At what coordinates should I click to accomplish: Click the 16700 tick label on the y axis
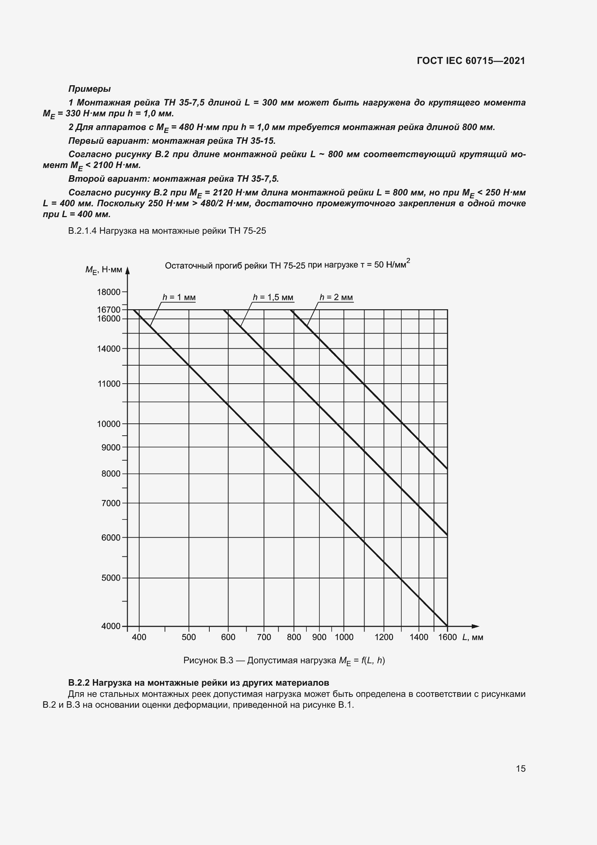[108, 310]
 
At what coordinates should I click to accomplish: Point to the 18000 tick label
[108, 292]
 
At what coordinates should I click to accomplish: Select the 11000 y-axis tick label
[108, 384]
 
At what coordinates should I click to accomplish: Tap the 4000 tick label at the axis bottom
[111, 626]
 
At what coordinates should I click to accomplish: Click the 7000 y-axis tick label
[111, 503]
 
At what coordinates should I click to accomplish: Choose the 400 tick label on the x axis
[139, 637]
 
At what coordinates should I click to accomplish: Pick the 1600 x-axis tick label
[447, 637]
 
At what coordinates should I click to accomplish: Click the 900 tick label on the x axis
[319, 637]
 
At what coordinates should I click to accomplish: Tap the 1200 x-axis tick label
[384, 637]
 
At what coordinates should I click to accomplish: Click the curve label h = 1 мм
[179, 297]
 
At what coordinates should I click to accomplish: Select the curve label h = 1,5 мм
[273, 297]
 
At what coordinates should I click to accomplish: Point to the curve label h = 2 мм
[336, 297]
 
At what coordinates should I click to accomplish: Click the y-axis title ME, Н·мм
[104, 270]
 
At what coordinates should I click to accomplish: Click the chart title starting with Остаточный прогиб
[287, 265]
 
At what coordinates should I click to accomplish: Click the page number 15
[520, 768]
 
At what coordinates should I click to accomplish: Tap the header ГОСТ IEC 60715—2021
[471, 61]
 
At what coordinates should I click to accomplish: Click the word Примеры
[89, 89]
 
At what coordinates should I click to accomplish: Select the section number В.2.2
[79, 683]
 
